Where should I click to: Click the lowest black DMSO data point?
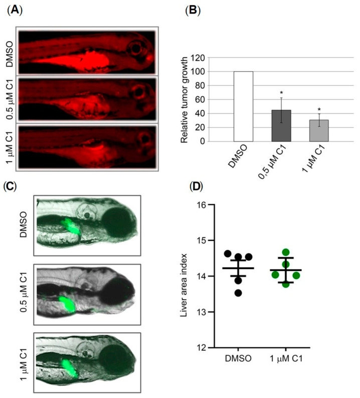click(x=238, y=293)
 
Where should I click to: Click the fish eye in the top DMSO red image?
click(x=135, y=49)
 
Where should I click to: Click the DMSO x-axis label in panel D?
click(x=238, y=359)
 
